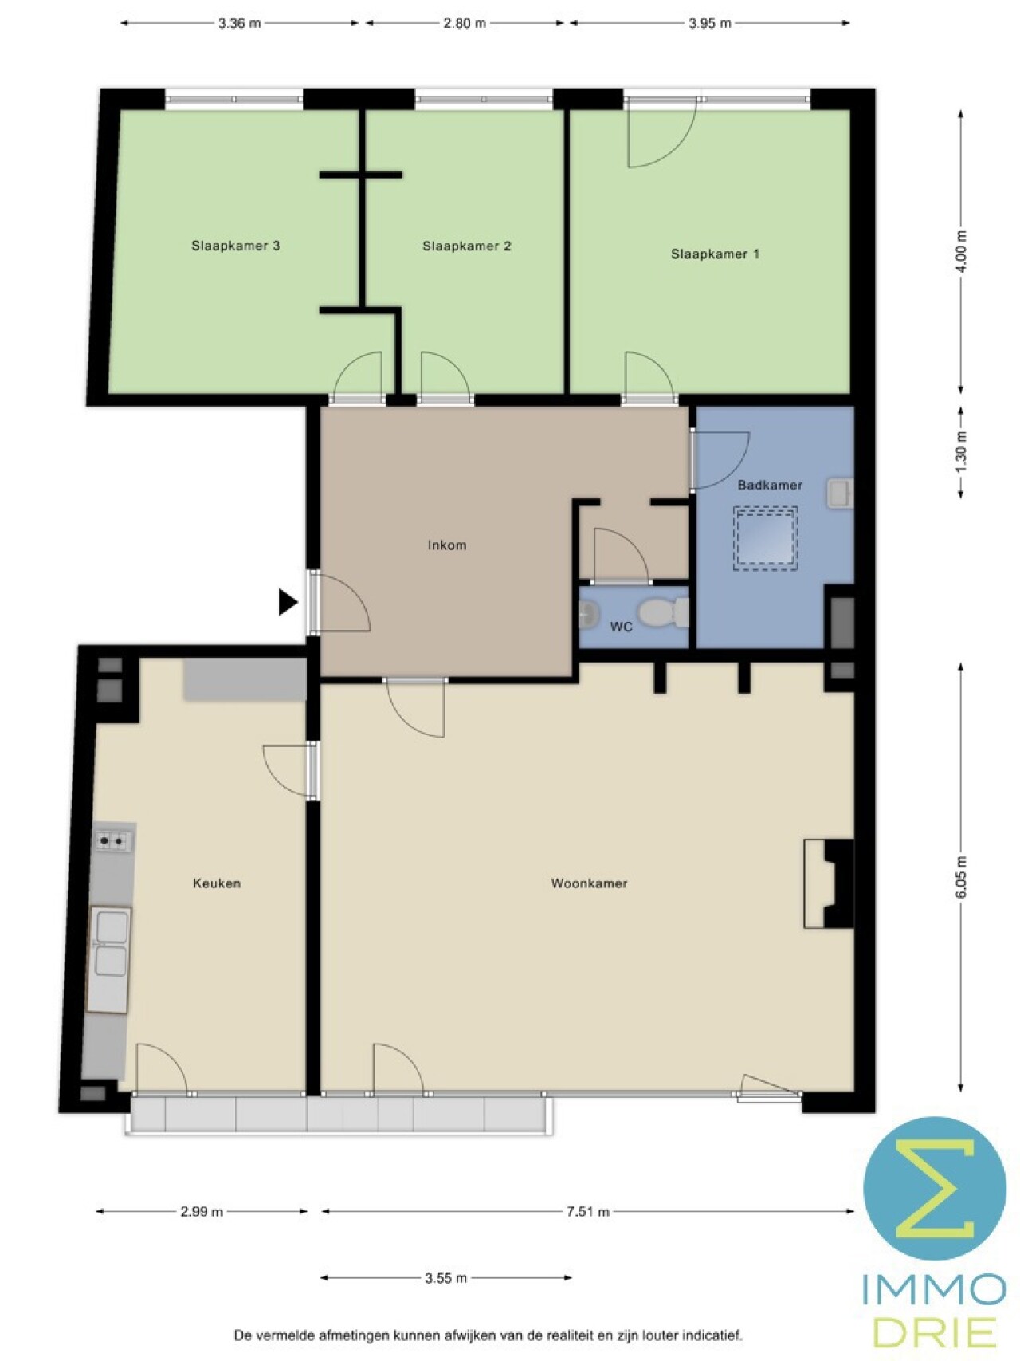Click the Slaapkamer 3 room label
coord(235,246)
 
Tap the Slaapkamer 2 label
coord(466,246)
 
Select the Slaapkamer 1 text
coord(715,254)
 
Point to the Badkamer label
coord(770,485)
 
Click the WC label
coord(621,627)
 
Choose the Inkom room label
coord(447,545)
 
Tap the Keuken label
coord(217,883)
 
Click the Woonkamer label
coord(589,883)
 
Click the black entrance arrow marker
coord(288,602)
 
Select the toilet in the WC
coord(664,612)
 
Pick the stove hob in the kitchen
coord(113,840)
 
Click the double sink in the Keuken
coord(109,960)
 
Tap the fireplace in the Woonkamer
coord(829,883)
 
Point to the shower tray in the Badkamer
coord(765,538)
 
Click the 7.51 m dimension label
coord(588,1212)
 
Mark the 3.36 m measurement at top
coord(240,23)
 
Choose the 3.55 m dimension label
coord(446,1278)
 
